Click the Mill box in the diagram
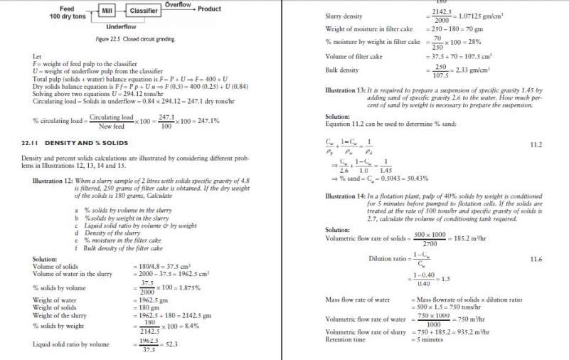coord(107,11)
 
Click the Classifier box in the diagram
coord(143,11)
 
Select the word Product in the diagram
coord(209,9)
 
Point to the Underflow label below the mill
coord(121,26)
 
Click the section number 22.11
coord(30,143)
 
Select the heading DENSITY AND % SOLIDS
coord(86,143)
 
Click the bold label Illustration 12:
coord(53,181)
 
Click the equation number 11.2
coord(536,144)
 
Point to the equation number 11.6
coord(536,260)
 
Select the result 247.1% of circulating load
coord(205,121)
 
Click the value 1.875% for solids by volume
coord(184,287)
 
